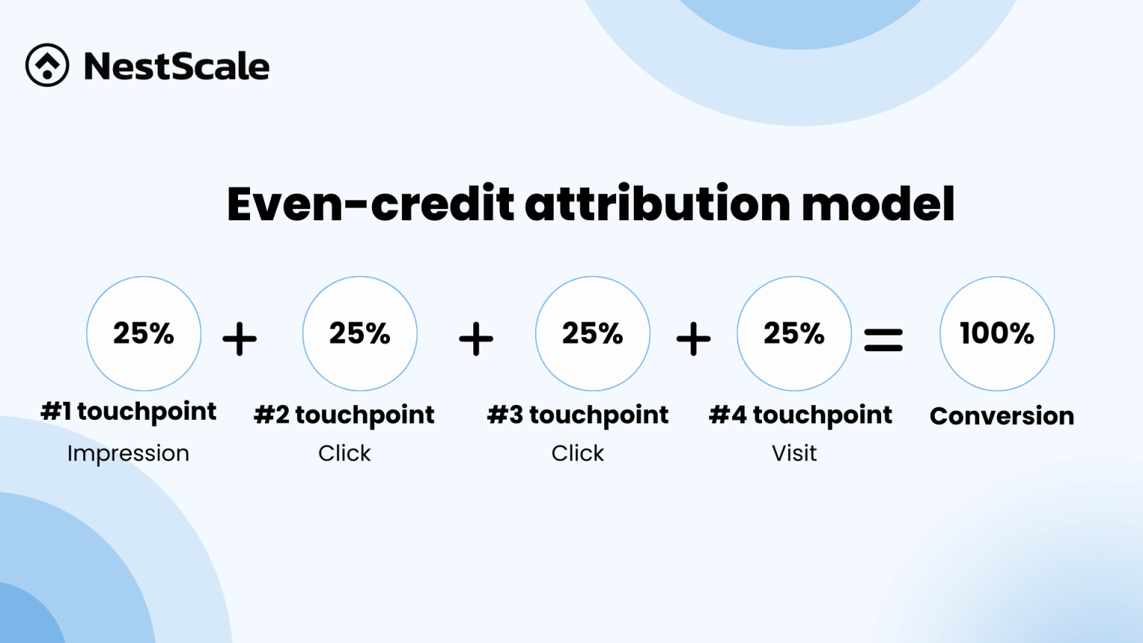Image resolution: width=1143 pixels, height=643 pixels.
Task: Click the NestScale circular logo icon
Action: click(x=47, y=65)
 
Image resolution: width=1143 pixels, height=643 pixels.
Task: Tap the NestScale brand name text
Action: click(x=176, y=66)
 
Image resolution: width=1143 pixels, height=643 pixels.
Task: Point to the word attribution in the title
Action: click(x=658, y=204)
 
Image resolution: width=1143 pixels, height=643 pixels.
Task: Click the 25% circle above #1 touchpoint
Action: click(x=144, y=333)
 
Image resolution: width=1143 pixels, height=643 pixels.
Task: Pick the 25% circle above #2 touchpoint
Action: click(x=359, y=333)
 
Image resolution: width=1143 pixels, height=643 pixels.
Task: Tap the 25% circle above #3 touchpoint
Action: click(x=592, y=333)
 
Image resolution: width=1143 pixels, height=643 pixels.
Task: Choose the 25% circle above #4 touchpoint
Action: click(x=794, y=333)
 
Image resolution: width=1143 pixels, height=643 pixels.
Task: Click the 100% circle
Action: click(x=996, y=333)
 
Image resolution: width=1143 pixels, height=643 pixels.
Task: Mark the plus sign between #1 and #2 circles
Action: click(x=240, y=339)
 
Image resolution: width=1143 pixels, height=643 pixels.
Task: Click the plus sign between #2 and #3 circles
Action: click(x=476, y=339)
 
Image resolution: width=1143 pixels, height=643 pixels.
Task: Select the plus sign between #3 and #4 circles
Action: click(x=694, y=339)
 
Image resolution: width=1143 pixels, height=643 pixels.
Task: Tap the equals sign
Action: click(x=883, y=340)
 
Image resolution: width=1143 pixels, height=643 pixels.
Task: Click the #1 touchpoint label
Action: click(x=129, y=412)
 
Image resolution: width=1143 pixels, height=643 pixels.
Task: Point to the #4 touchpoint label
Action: click(x=800, y=415)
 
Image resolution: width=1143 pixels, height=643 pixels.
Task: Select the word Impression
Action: click(x=128, y=453)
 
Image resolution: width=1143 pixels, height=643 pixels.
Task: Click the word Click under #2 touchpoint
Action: click(x=344, y=453)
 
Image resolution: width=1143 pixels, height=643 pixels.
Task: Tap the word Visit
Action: click(x=794, y=453)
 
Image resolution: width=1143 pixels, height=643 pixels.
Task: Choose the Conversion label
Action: click(x=1002, y=416)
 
